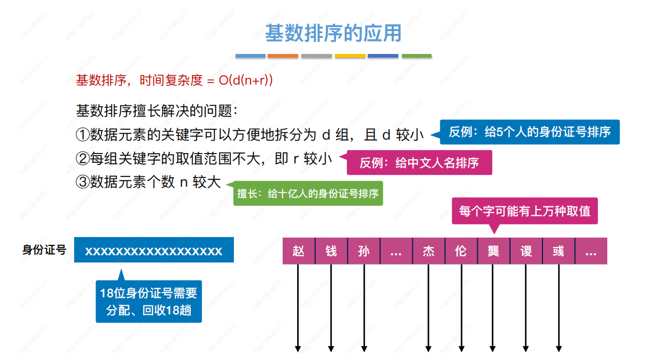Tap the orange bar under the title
[283, 56]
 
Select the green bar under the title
[416, 56]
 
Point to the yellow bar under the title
[350, 56]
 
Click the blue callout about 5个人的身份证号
[529, 132]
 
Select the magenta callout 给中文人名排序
[419, 163]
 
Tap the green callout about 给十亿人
[308, 194]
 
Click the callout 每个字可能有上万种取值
[524, 211]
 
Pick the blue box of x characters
[154, 251]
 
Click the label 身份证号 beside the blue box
[45, 250]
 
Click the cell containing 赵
[298, 251]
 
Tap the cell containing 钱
[331, 251]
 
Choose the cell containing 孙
[364, 251]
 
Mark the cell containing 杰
[428, 251]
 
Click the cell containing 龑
[493, 251]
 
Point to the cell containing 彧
[558, 251]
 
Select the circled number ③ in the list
[82, 183]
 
